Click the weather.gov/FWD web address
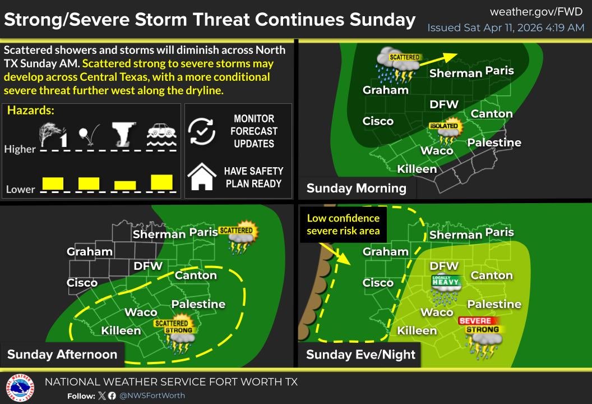click(537, 12)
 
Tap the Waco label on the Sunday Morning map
click(437, 150)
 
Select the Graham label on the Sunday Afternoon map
click(90, 252)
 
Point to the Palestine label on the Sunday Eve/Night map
click(494, 304)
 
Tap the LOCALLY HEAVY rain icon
click(446, 287)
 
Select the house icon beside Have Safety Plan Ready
click(202, 177)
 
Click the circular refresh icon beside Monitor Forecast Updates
click(202, 131)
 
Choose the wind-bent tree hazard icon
click(53, 135)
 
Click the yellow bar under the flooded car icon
click(161, 182)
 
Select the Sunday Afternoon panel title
click(62, 354)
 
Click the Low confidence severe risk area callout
click(343, 224)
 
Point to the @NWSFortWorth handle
click(152, 396)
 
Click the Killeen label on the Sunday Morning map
click(417, 169)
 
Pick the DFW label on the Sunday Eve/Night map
click(444, 266)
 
